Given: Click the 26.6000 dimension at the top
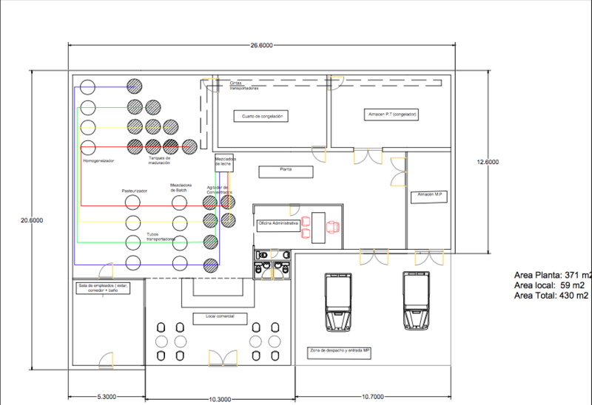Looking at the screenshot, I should (x=261, y=46).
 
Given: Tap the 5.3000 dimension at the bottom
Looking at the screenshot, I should (x=107, y=397).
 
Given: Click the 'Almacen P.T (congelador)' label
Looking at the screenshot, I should (x=393, y=115).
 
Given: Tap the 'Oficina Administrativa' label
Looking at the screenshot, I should (x=278, y=222).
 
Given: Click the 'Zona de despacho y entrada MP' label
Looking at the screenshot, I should (x=340, y=350).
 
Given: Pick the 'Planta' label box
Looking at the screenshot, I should (x=286, y=171).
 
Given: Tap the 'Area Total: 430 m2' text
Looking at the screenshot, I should (x=551, y=295).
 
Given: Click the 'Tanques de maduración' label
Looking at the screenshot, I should (x=160, y=160).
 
